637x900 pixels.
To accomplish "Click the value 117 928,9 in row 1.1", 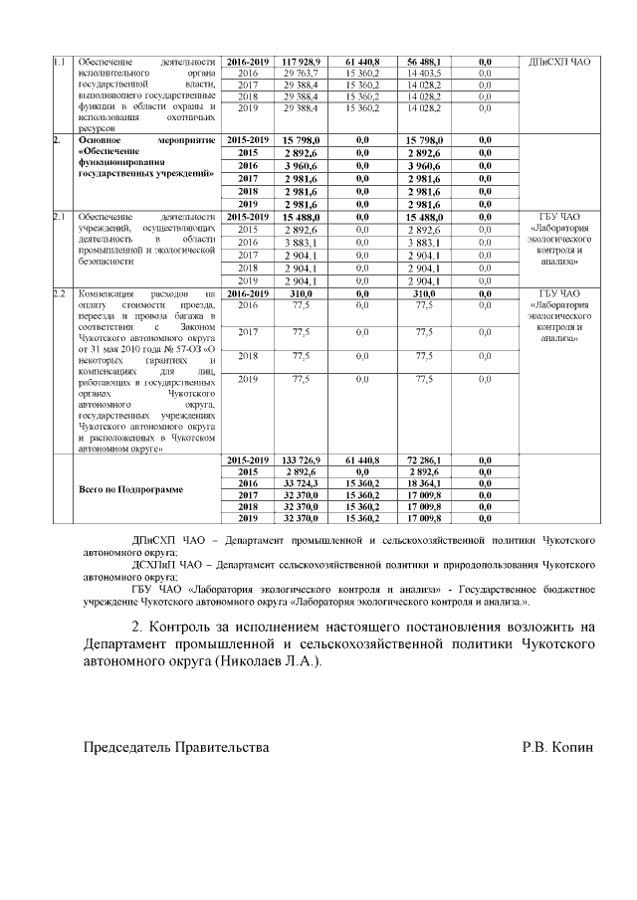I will click(x=300, y=62).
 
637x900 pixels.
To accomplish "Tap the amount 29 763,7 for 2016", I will click(x=300, y=74).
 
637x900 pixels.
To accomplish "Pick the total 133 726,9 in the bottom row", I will click(x=300, y=461).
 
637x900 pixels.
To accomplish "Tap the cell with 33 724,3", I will click(x=300, y=483).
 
